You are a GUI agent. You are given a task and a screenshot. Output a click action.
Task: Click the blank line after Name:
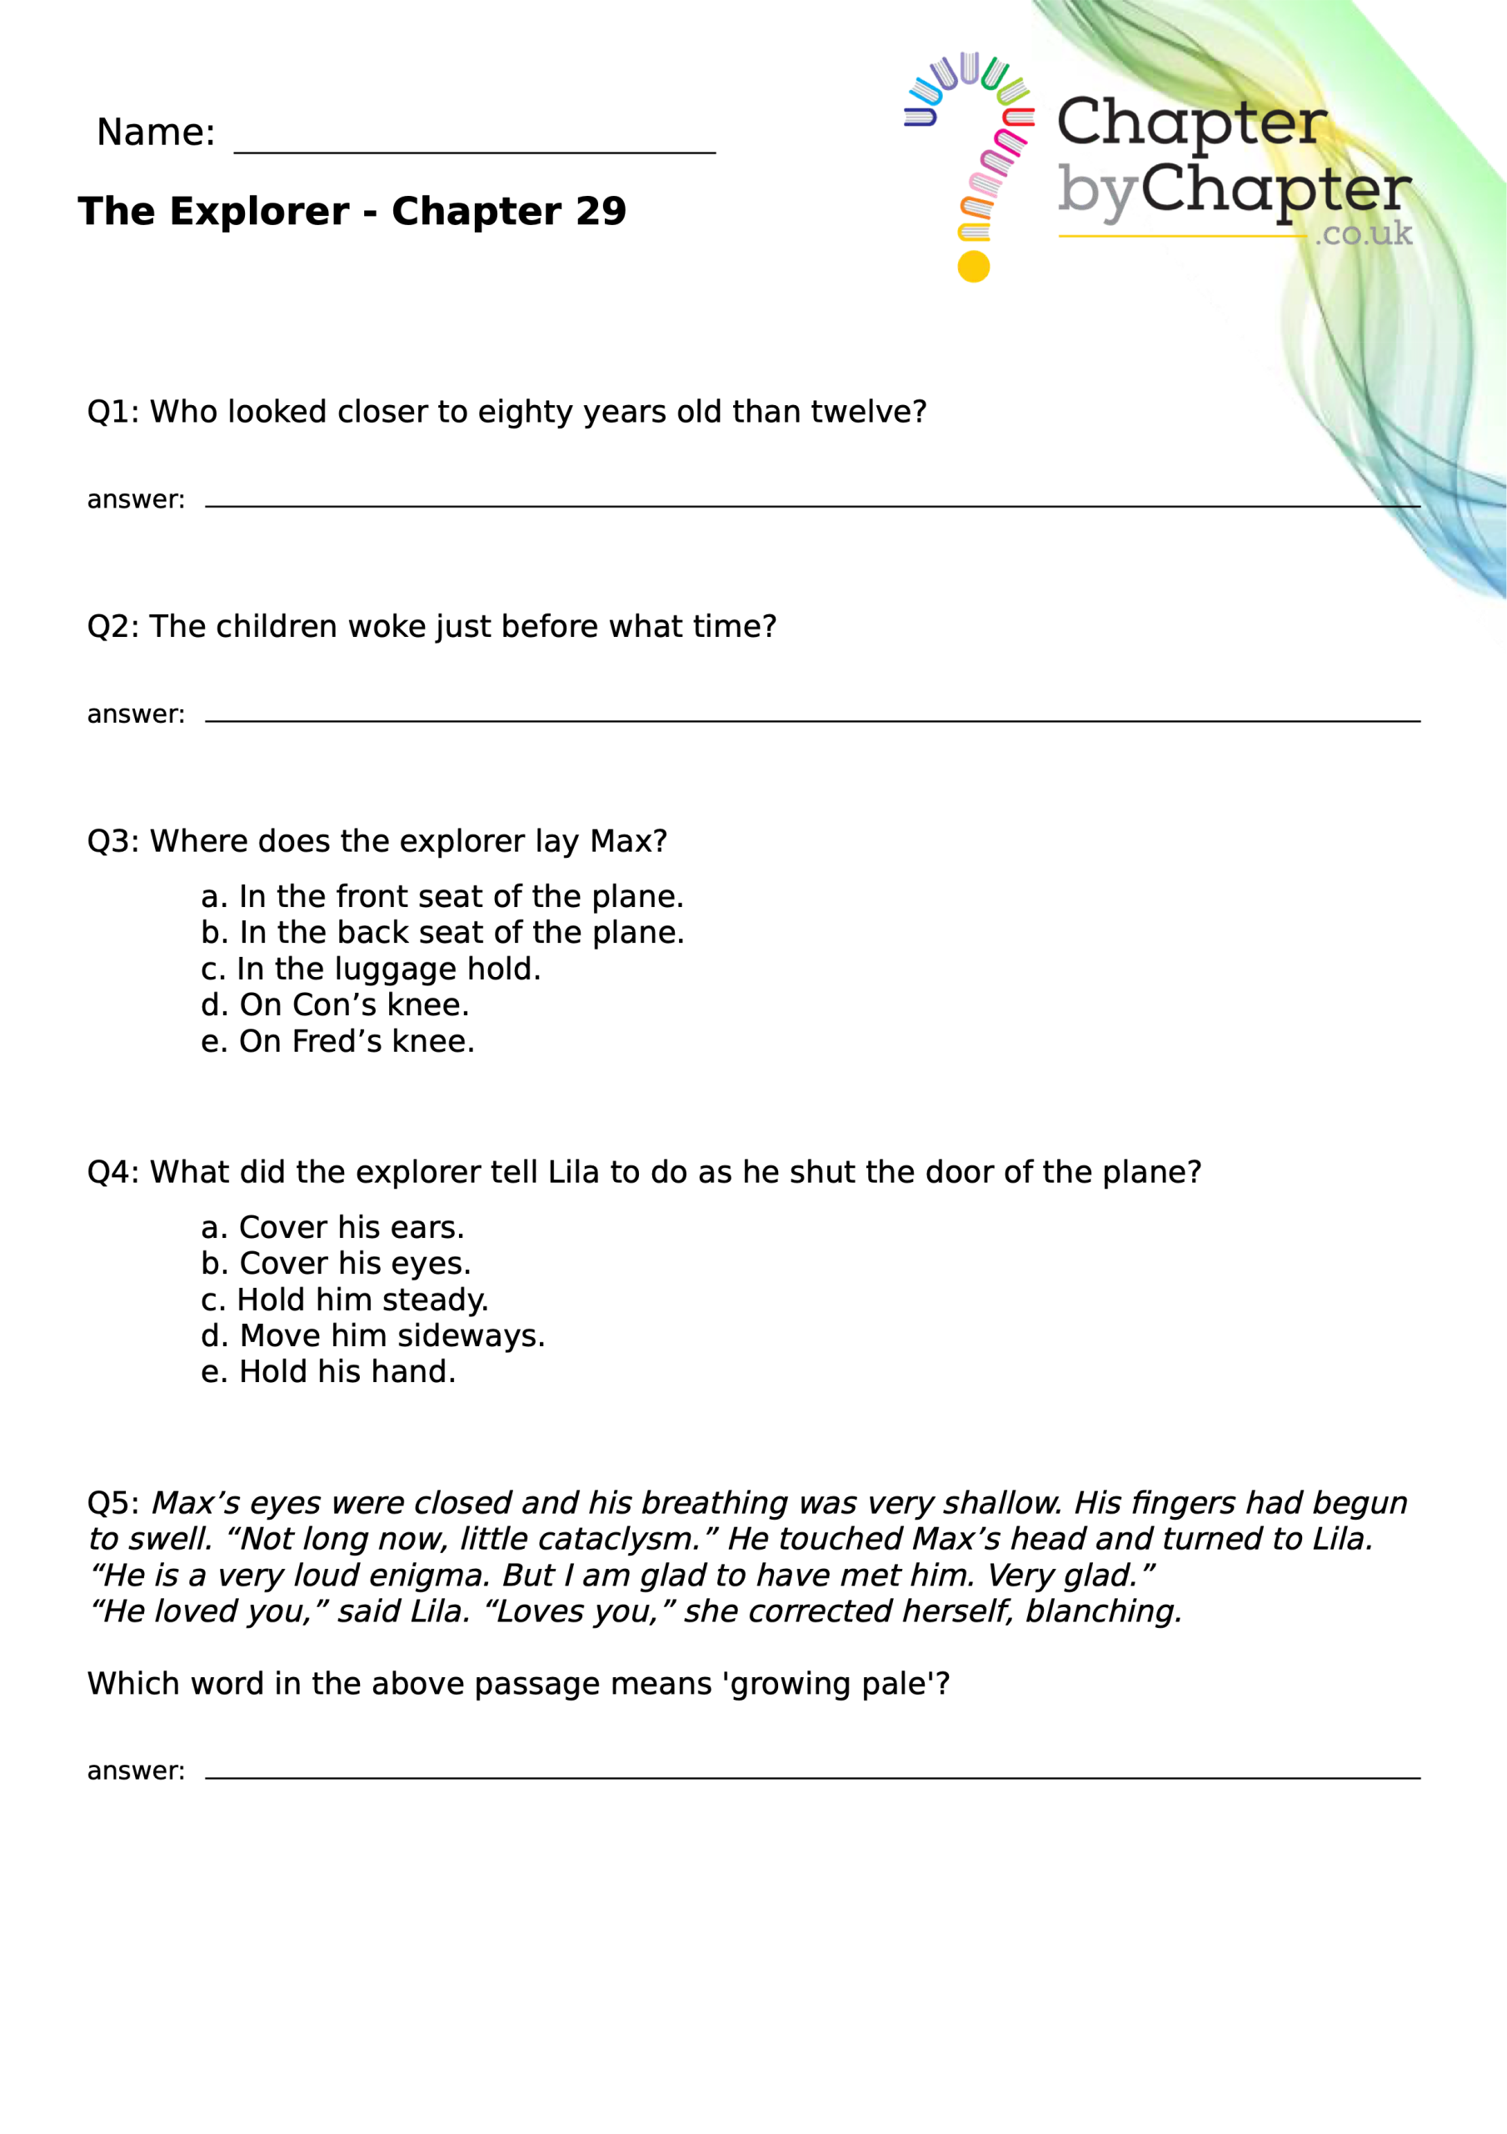474,148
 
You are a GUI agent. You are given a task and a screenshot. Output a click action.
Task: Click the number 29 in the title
600,212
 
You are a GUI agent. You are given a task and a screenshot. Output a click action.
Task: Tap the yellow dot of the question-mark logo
973,267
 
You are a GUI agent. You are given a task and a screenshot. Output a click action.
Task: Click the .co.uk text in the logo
1363,233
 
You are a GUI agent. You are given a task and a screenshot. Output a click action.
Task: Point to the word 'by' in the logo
1096,193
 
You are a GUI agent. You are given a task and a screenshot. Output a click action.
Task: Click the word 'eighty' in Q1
525,412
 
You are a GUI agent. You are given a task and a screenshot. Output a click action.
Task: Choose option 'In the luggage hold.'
371,969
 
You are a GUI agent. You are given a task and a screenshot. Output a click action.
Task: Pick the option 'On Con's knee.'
336,1004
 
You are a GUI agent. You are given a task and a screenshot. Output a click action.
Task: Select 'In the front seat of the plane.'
442,896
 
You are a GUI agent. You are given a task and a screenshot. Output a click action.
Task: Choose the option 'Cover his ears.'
332,1227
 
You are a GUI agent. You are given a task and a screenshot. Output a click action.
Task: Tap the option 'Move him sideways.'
372,1335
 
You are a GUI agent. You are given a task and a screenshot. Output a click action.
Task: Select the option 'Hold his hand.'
329,1371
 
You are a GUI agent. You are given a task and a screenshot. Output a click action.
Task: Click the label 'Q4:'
113,1172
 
